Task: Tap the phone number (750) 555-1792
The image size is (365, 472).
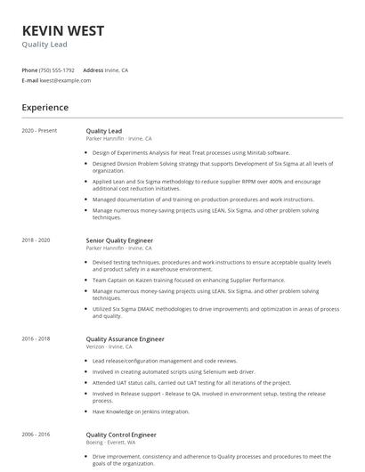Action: [58, 69]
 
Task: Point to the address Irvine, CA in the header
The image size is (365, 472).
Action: [118, 69]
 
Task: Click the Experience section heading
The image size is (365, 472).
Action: [45, 108]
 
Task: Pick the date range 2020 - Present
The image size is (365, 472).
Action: [39, 131]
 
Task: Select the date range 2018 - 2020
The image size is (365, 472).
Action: [36, 240]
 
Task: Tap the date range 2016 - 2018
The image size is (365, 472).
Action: [36, 339]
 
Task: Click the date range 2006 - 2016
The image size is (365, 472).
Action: [36, 434]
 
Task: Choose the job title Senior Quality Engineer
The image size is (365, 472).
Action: [119, 240]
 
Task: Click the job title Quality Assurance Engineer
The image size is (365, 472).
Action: [125, 339]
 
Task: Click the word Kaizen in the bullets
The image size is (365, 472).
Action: [136, 280]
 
